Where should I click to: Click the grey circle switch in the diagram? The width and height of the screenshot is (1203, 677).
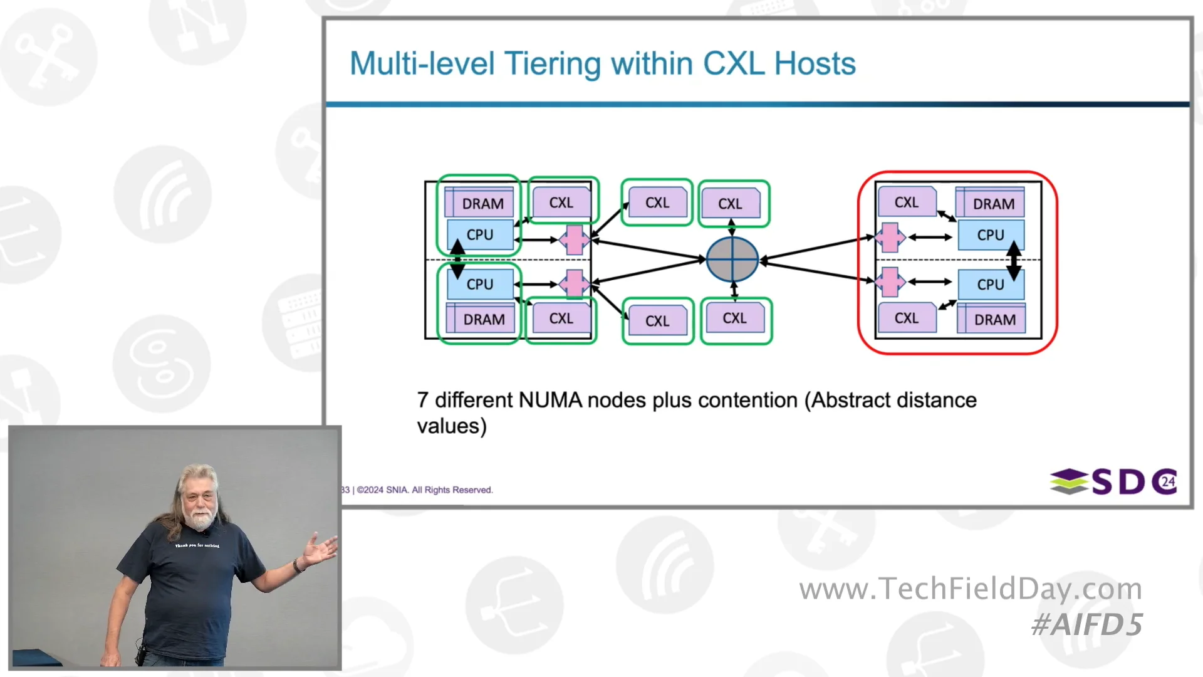pos(732,259)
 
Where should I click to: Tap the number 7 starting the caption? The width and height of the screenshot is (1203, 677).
pos(423,400)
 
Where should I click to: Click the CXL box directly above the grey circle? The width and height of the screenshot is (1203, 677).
pos(731,204)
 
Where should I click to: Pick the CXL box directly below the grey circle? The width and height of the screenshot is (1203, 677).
pos(735,318)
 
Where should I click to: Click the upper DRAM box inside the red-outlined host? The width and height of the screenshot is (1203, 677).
pos(993,204)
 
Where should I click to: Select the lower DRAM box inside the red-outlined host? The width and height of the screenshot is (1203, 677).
pos(994,320)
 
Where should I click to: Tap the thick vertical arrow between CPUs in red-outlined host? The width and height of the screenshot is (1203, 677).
pos(1014,260)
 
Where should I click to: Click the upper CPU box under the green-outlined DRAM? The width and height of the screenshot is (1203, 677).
pos(480,235)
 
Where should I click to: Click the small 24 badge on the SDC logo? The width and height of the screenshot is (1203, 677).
pos(1168,481)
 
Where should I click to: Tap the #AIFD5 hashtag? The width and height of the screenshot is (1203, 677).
pos(1087,625)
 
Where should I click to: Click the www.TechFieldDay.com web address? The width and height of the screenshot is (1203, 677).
pos(971,589)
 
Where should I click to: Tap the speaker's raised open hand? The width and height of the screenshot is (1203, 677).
pos(321,548)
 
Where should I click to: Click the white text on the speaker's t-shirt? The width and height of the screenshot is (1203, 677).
pos(197,545)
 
